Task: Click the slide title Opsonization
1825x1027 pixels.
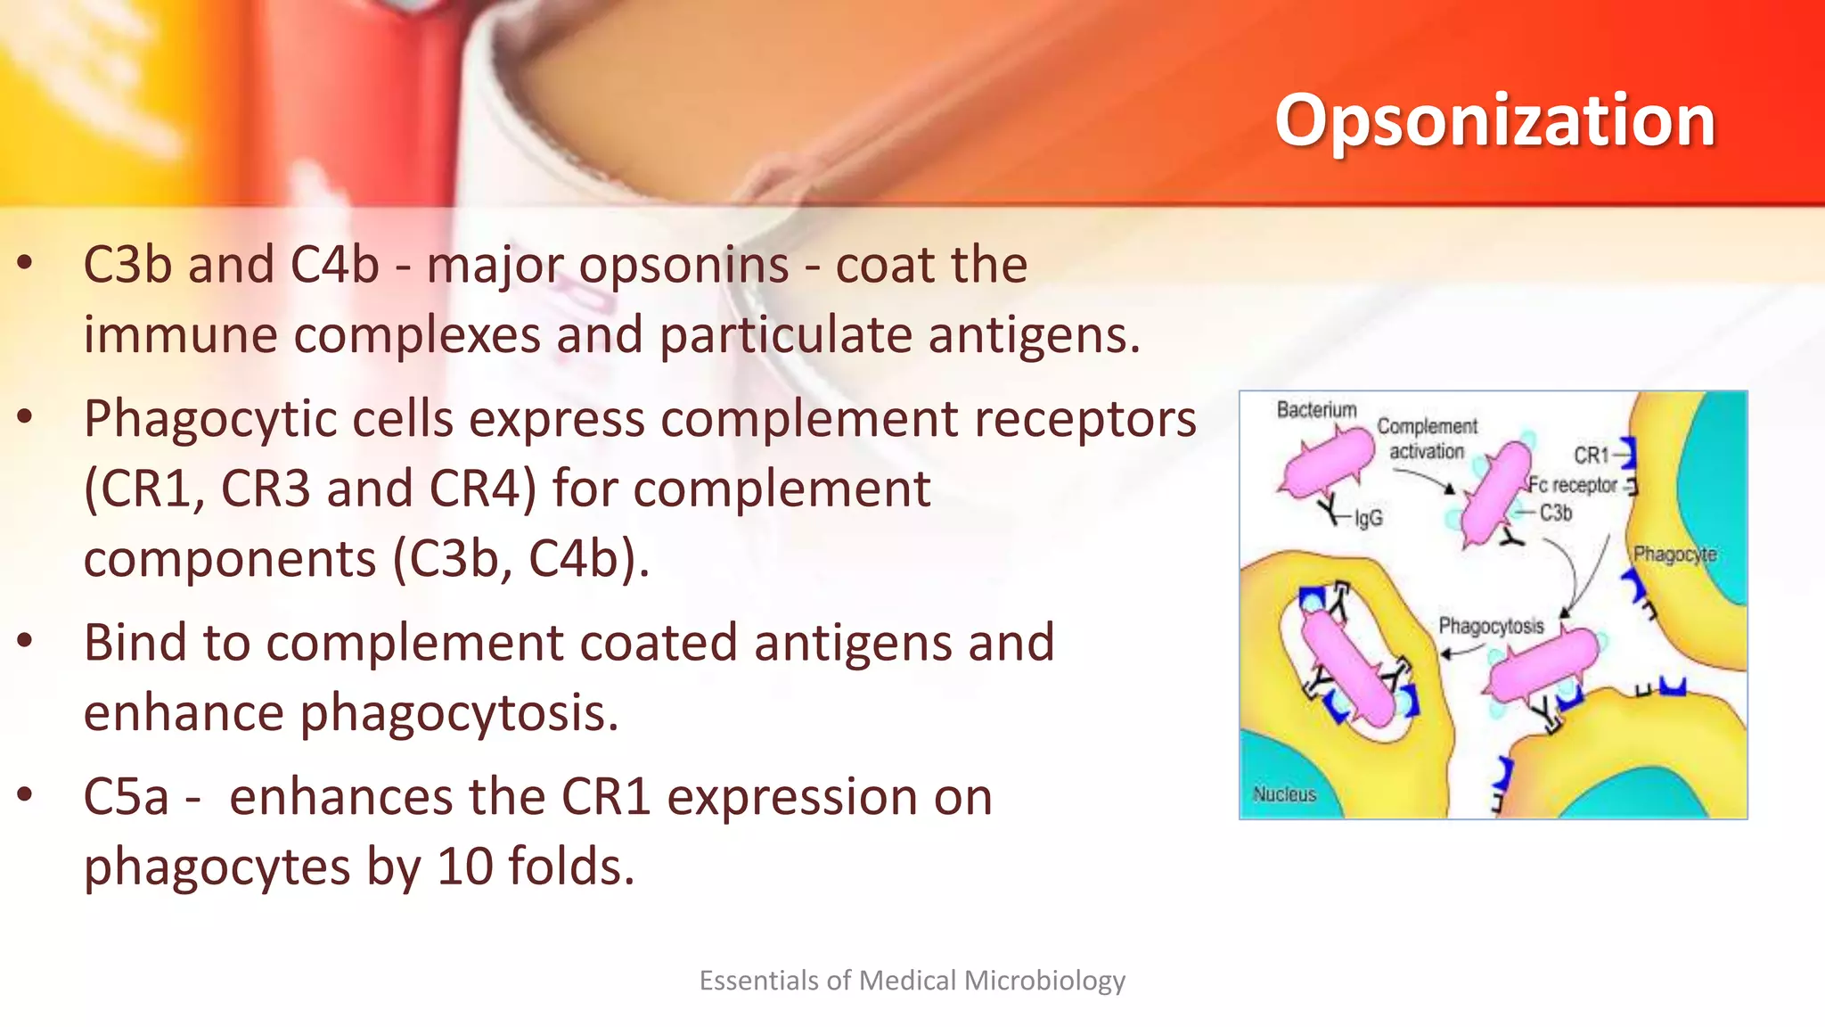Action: [1494, 120]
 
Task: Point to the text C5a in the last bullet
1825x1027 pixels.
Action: [126, 796]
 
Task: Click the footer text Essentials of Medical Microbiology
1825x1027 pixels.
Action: [912, 981]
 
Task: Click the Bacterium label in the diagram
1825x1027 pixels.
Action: [1316, 409]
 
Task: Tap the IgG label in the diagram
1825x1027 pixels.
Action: [1369, 518]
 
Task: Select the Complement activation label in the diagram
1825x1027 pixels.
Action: [1427, 439]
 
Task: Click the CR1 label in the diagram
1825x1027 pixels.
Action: [1591, 456]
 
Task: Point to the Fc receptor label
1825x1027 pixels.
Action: [1573, 485]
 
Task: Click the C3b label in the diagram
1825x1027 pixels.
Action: [1556, 513]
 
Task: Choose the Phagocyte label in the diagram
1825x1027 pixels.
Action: [1674, 554]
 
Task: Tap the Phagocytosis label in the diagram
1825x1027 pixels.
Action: [1491, 626]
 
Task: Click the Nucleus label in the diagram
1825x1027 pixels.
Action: [1284, 793]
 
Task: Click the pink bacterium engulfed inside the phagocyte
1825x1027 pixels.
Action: [1347, 669]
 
